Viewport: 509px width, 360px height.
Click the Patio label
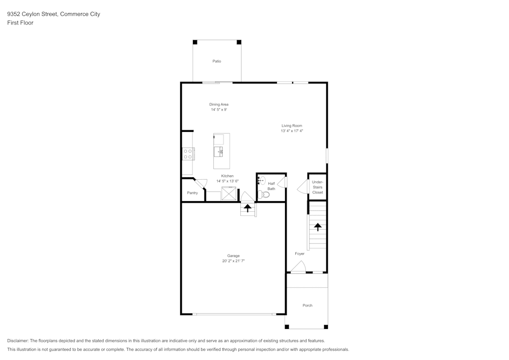tap(217, 61)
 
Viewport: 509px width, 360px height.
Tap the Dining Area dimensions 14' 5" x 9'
tap(219, 109)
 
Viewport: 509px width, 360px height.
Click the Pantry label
tap(192, 193)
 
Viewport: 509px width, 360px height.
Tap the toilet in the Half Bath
tap(263, 195)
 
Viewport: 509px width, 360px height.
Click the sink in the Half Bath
tap(261, 180)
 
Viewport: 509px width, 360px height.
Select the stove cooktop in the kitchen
tap(187, 154)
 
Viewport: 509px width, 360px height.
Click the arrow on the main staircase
tap(318, 227)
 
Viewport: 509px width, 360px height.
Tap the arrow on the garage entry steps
tap(248, 208)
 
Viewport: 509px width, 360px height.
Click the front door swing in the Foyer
tap(298, 267)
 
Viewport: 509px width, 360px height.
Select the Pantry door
tap(201, 184)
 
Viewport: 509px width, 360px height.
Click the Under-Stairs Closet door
tap(302, 187)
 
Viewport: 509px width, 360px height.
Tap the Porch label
tap(307, 306)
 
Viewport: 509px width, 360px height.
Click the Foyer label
tap(299, 254)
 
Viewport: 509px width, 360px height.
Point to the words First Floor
tap(20, 23)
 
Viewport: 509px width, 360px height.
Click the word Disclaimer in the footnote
tap(18, 341)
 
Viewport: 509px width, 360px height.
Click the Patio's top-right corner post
tap(239, 42)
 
